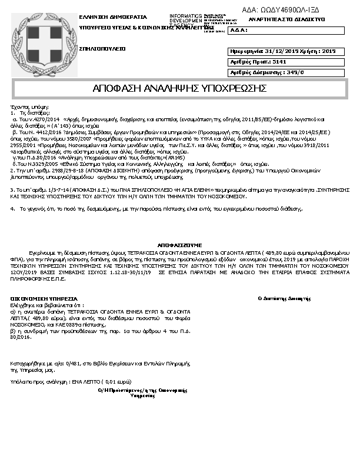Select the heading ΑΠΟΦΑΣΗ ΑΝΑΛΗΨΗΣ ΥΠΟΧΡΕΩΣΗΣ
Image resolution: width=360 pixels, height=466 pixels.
tap(180, 88)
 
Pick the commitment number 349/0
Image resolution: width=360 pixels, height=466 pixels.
tap(292, 72)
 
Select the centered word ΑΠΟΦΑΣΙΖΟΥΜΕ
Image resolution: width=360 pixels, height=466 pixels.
tap(180, 244)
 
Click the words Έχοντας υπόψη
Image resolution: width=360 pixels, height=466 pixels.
tap(28, 106)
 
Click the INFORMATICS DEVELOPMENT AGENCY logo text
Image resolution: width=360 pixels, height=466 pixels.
tap(185, 20)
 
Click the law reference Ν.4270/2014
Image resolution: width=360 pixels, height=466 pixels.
tap(41, 118)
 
